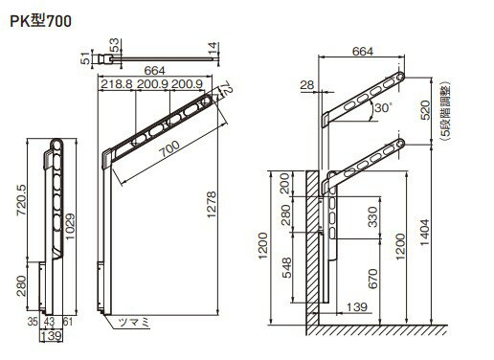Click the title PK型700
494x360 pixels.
40,21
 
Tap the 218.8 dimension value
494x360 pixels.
117,84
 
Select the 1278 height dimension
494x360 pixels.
212,205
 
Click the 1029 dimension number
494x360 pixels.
70,227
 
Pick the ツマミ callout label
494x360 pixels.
134,323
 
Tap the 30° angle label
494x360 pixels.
382,108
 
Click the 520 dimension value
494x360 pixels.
425,110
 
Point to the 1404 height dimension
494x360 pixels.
425,233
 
